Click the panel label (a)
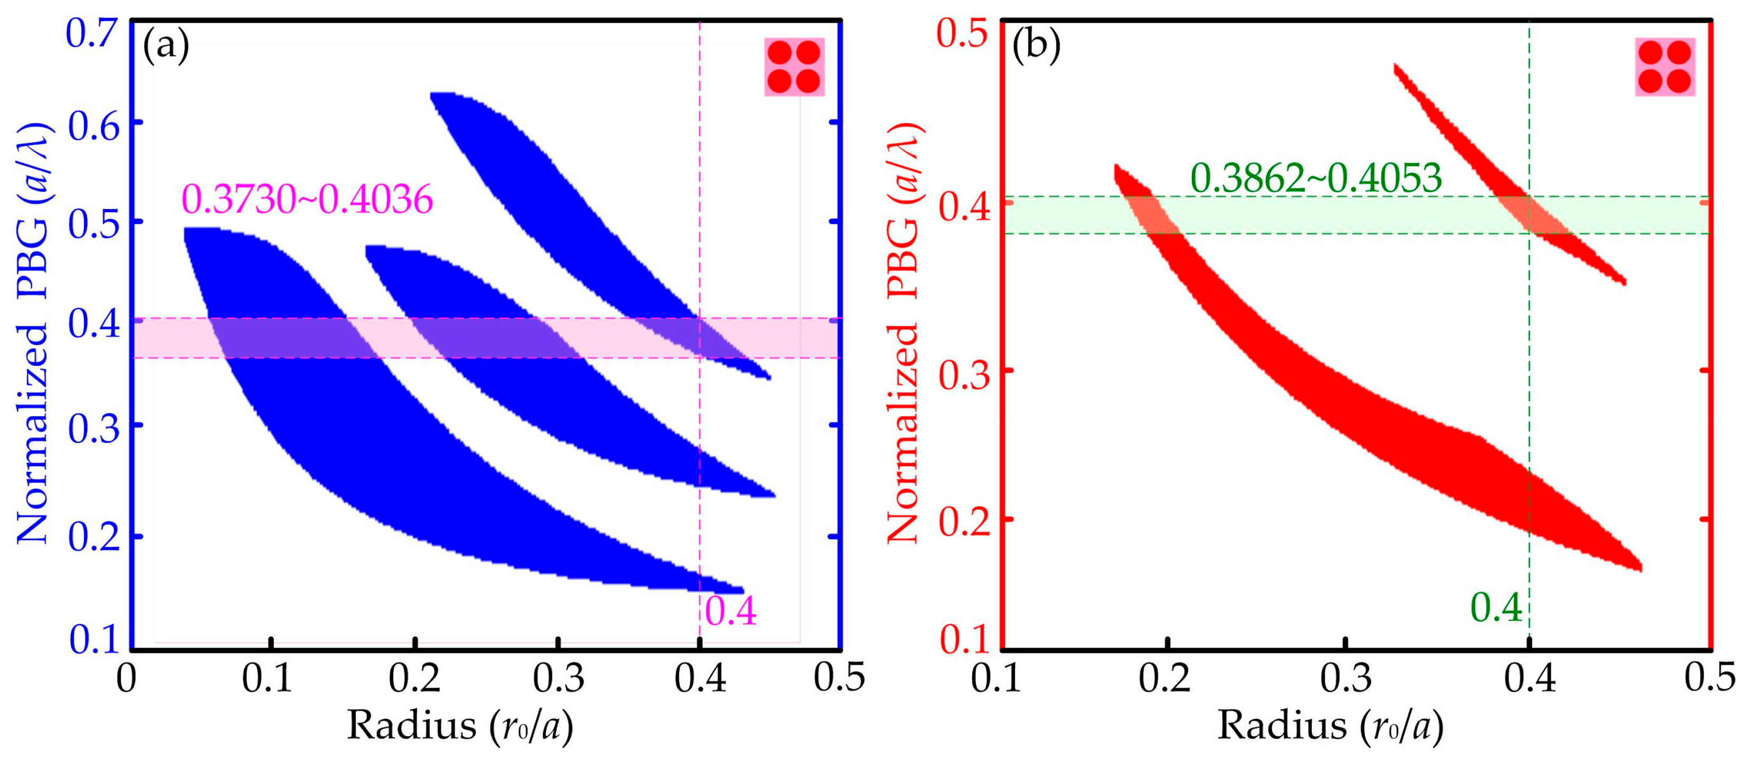(x=166, y=47)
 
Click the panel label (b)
(x=1035, y=47)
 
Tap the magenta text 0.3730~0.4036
(x=307, y=200)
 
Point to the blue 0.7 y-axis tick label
(x=93, y=34)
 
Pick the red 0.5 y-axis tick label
(x=962, y=34)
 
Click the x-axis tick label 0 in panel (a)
(x=126, y=678)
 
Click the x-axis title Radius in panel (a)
(x=411, y=726)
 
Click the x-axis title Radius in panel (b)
(x=1281, y=726)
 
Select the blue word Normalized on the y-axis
(x=32, y=434)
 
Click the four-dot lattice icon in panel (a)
(x=794, y=66)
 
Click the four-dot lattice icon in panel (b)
(x=1665, y=66)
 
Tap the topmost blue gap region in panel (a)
(x=543, y=203)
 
